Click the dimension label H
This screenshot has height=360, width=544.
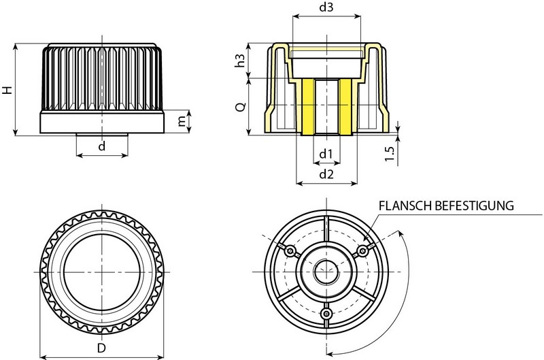click(6, 90)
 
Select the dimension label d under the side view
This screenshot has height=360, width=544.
click(102, 146)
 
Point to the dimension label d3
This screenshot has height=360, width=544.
click(325, 9)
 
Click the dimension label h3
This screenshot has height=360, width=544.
click(239, 61)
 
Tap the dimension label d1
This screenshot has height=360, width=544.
click(325, 154)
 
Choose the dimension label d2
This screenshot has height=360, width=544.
click(325, 174)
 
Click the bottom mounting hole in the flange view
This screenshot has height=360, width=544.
click(326, 314)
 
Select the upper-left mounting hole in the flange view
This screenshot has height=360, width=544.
click(291, 252)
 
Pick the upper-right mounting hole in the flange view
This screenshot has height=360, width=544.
click(362, 252)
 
